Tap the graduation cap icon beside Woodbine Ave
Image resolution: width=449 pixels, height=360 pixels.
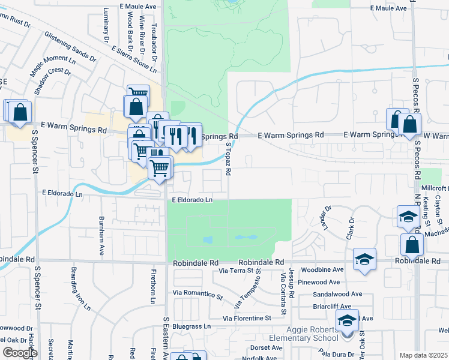(364, 259)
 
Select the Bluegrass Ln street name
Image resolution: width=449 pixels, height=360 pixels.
(192, 327)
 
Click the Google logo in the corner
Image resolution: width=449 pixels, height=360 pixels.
(19, 352)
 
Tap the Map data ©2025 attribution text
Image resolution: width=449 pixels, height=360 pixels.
(423, 355)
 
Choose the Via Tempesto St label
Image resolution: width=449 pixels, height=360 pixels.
(247, 289)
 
